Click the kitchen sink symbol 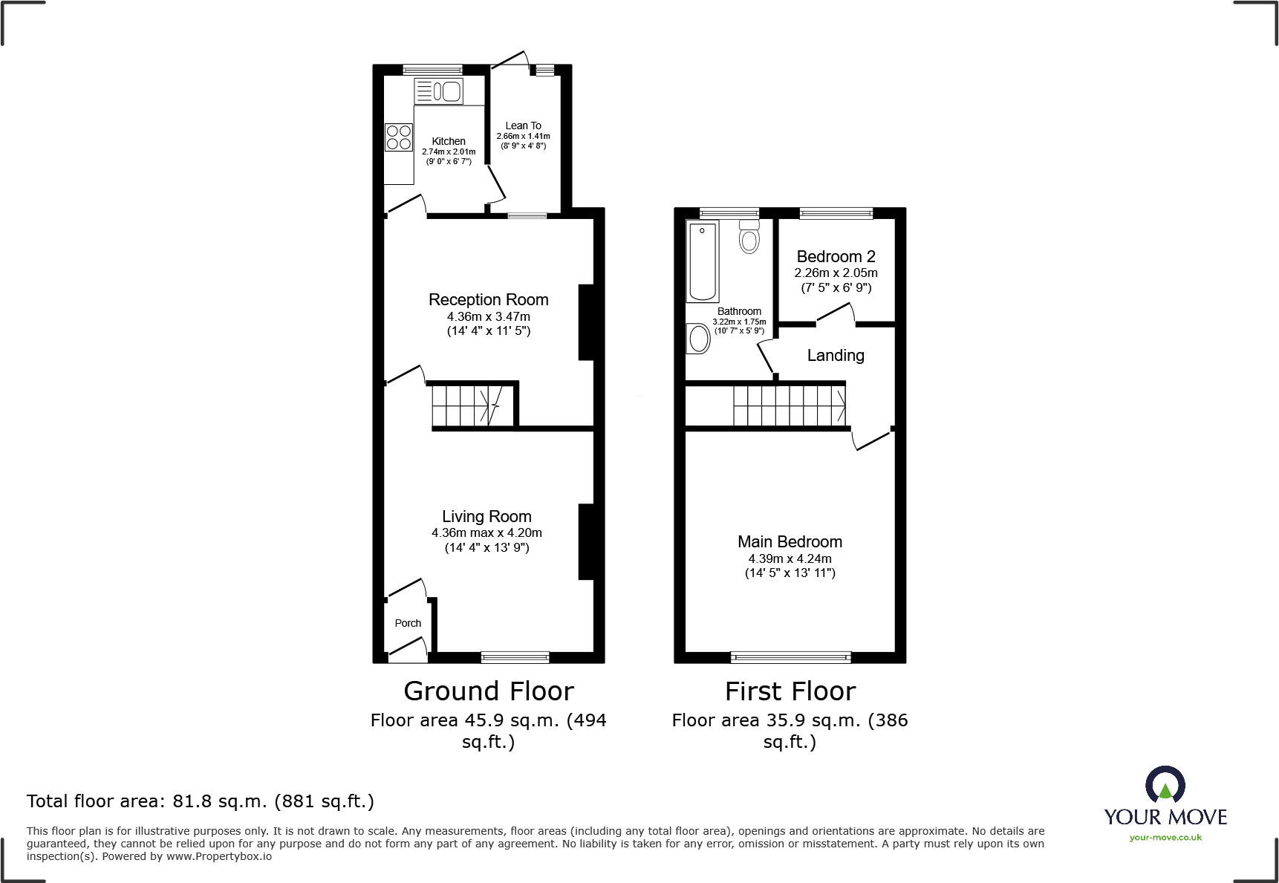(x=439, y=91)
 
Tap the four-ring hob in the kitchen (x=399, y=137)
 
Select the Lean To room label (x=523, y=126)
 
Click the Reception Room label (x=488, y=299)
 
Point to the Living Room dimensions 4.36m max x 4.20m (x=486, y=532)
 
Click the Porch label (x=408, y=623)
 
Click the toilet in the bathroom (x=749, y=236)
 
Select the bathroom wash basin (x=699, y=339)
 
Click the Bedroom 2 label (x=836, y=256)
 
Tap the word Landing (x=836, y=355)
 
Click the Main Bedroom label (x=790, y=541)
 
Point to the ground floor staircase (x=468, y=405)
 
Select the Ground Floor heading (x=489, y=691)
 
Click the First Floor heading (x=790, y=691)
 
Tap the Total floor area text (x=201, y=801)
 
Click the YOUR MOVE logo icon (x=1165, y=784)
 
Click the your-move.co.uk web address (x=1165, y=838)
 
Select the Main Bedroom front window (x=790, y=657)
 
